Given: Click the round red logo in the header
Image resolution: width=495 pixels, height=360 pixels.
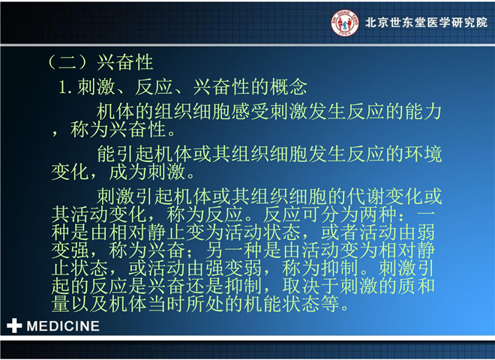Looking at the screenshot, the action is tap(345, 22).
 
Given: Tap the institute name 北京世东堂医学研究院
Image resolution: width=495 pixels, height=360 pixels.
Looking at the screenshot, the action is tap(427, 22).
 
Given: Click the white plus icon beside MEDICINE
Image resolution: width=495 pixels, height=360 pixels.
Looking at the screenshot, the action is tap(14, 325).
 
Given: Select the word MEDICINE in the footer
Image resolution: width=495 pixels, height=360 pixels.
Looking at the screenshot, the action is tap(63, 326).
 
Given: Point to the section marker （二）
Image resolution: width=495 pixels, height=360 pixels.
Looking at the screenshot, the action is tap(67, 62).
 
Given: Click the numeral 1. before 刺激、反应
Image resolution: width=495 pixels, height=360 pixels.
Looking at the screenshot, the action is tap(66, 88).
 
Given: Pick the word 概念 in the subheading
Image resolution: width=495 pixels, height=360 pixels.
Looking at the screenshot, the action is tap(287, 87).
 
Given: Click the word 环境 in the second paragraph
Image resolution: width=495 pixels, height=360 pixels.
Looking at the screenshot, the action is tap(423, 154).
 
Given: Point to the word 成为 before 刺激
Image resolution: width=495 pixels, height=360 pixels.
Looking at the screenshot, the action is tap(127, 172).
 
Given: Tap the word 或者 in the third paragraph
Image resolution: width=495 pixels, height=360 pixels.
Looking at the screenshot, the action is tap(340, 232).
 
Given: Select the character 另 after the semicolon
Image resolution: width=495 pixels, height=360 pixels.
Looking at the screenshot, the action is tap(214, 250).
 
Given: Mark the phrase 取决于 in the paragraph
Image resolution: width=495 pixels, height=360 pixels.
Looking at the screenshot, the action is tap(311, 286).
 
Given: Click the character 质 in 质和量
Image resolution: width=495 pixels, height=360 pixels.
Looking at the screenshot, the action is tap(406, 286).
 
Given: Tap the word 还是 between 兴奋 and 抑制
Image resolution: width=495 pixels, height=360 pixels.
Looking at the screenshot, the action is tap(205, 286).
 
